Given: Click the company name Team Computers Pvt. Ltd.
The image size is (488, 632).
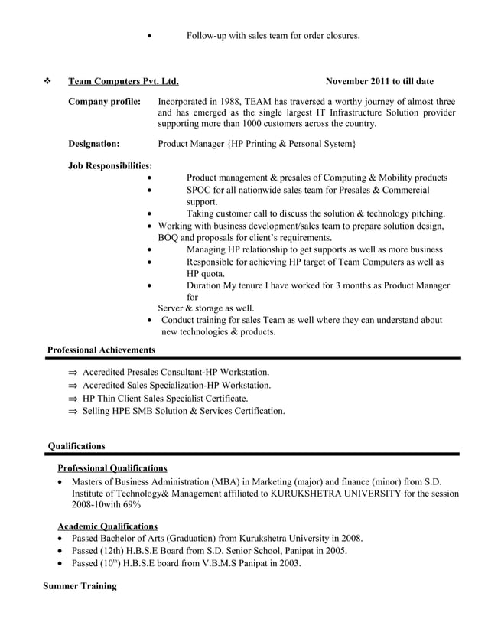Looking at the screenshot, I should click(x=123, y=81).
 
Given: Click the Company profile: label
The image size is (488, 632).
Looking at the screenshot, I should click(x=104, y=101).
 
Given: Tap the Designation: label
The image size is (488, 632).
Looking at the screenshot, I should click(x=94, y=143).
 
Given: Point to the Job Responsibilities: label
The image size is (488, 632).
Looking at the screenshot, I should click(x=110, y=165).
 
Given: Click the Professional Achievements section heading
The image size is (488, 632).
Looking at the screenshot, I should click(x=101, y=350).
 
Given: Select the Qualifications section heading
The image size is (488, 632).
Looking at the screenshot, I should click(x=76, y=446).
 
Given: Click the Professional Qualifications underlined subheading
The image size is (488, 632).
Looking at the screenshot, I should click(x=112, y=468).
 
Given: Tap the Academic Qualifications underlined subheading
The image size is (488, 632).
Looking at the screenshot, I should click(x=108, y=526).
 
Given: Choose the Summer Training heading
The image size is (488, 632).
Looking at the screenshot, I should click(x=80, y=586).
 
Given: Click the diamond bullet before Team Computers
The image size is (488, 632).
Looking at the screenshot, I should click(x=48, y=81).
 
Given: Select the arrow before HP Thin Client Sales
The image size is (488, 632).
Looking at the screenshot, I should click(x=73, y=399).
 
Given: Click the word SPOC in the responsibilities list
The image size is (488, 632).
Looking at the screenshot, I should click(x=200, y=190).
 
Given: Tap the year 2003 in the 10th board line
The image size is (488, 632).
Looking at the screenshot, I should click(x=288, y=564).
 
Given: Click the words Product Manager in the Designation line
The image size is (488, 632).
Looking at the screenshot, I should click(x=192, y=143).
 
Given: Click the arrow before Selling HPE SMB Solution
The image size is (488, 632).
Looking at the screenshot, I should click(x=73, y=412).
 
